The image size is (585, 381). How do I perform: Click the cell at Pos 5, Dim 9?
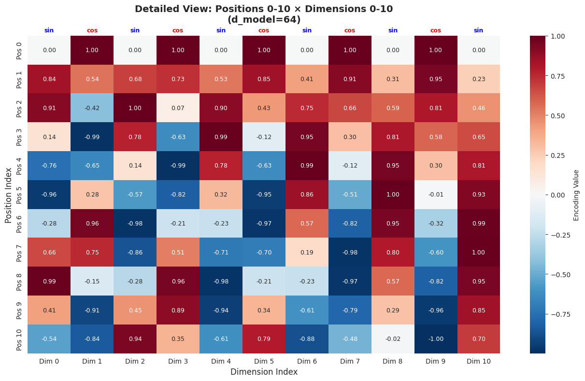[436, 195]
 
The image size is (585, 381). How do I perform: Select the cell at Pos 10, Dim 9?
[436, 339]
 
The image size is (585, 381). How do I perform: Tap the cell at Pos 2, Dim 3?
[178, 108]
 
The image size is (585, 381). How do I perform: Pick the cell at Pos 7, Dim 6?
[307, 253]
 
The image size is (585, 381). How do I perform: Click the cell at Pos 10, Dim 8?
[393, 339]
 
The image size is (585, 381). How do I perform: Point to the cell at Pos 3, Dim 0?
[49, 137]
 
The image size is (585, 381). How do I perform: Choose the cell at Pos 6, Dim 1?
[92, 224]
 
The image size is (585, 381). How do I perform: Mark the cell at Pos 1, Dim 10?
[479, 79]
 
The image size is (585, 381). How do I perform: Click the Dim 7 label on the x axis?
[350, 361]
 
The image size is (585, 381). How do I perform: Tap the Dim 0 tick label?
[49, 361]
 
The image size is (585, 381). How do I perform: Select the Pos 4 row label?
[19, 166]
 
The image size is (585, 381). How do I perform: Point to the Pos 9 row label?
[19, 310]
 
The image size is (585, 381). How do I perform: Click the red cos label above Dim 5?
[264, 30]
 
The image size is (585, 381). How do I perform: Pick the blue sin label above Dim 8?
[393, 30]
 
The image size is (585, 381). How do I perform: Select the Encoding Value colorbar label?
[576, 195]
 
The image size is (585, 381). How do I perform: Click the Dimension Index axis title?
[264, 372]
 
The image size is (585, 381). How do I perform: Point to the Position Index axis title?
[8, 195]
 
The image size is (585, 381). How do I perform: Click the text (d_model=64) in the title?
[264, 20]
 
